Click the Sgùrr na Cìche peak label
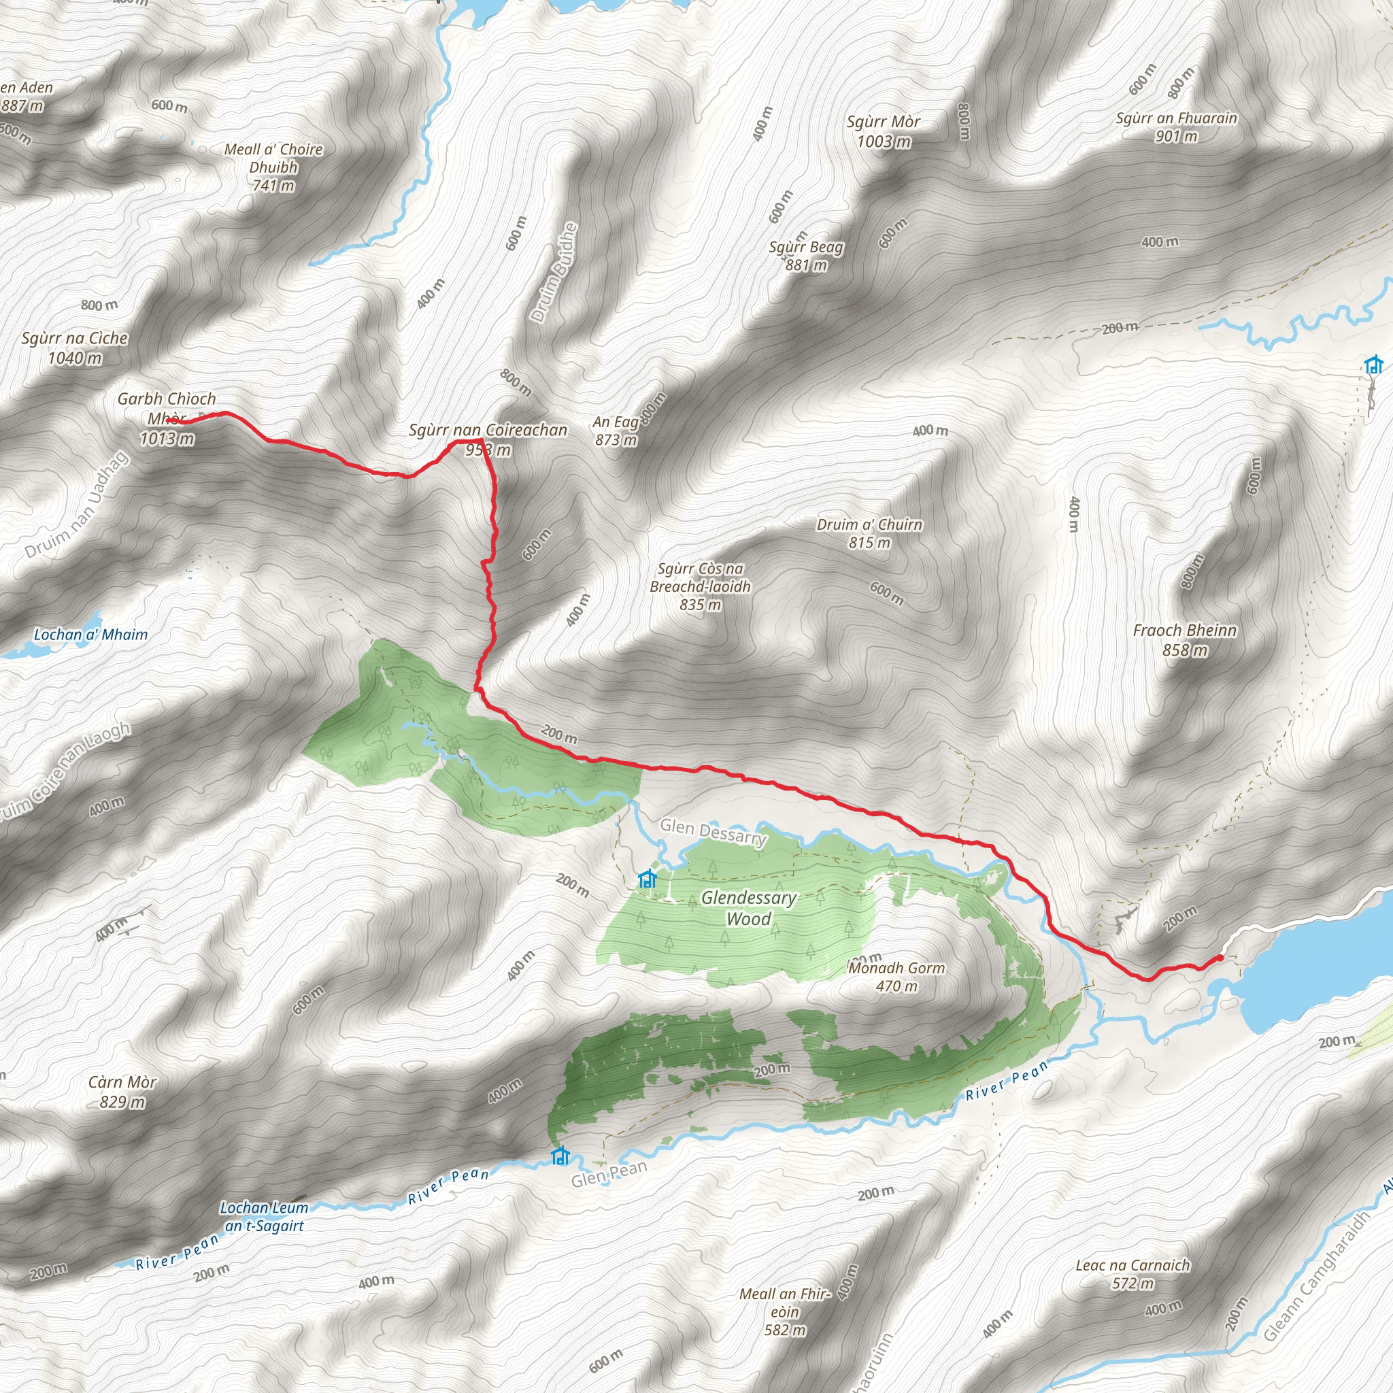74,348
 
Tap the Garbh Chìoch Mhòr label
167,418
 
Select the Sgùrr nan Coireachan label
488,439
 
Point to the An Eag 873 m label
616,431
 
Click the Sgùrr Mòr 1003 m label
884,131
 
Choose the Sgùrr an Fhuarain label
1176,127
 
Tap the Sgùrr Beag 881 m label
806,256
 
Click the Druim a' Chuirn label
869,533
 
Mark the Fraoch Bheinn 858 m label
1185,639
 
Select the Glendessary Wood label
748,908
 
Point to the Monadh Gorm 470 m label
896,976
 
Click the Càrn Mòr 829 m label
122,1092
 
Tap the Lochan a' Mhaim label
91,635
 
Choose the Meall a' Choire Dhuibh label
273,167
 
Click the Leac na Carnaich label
1132,1274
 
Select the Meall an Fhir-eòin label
784,1311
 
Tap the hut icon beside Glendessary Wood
647,878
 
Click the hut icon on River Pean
560,1156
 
